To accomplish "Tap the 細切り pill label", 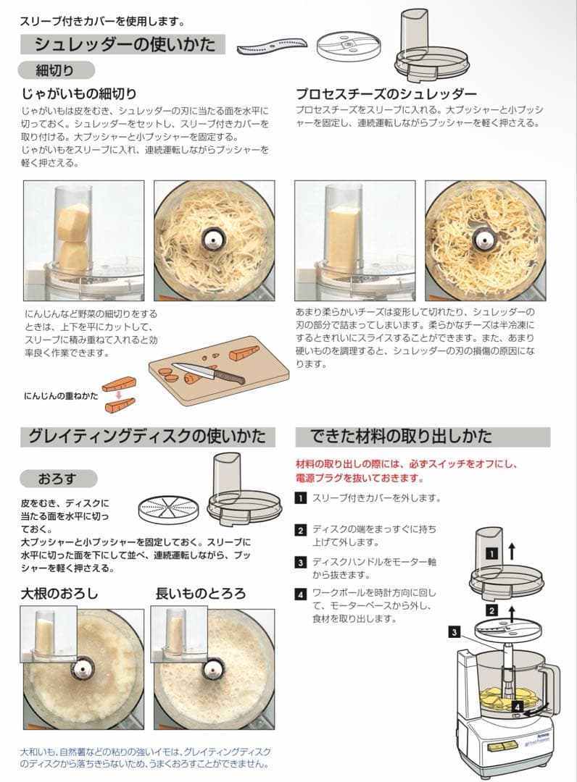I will click(x=56, y=70).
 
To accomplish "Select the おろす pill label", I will click(x=57, y=478).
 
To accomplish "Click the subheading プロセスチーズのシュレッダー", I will click(x=386, y=94).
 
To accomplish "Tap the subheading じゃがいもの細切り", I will click(x=80, y=94).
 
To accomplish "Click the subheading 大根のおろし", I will click(x=59, y=594).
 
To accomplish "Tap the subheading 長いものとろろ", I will click(x=201, y=594).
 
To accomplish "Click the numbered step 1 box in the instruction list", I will click(x=300, y=498).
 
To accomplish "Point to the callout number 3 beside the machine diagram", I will click(x=454, y=632).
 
